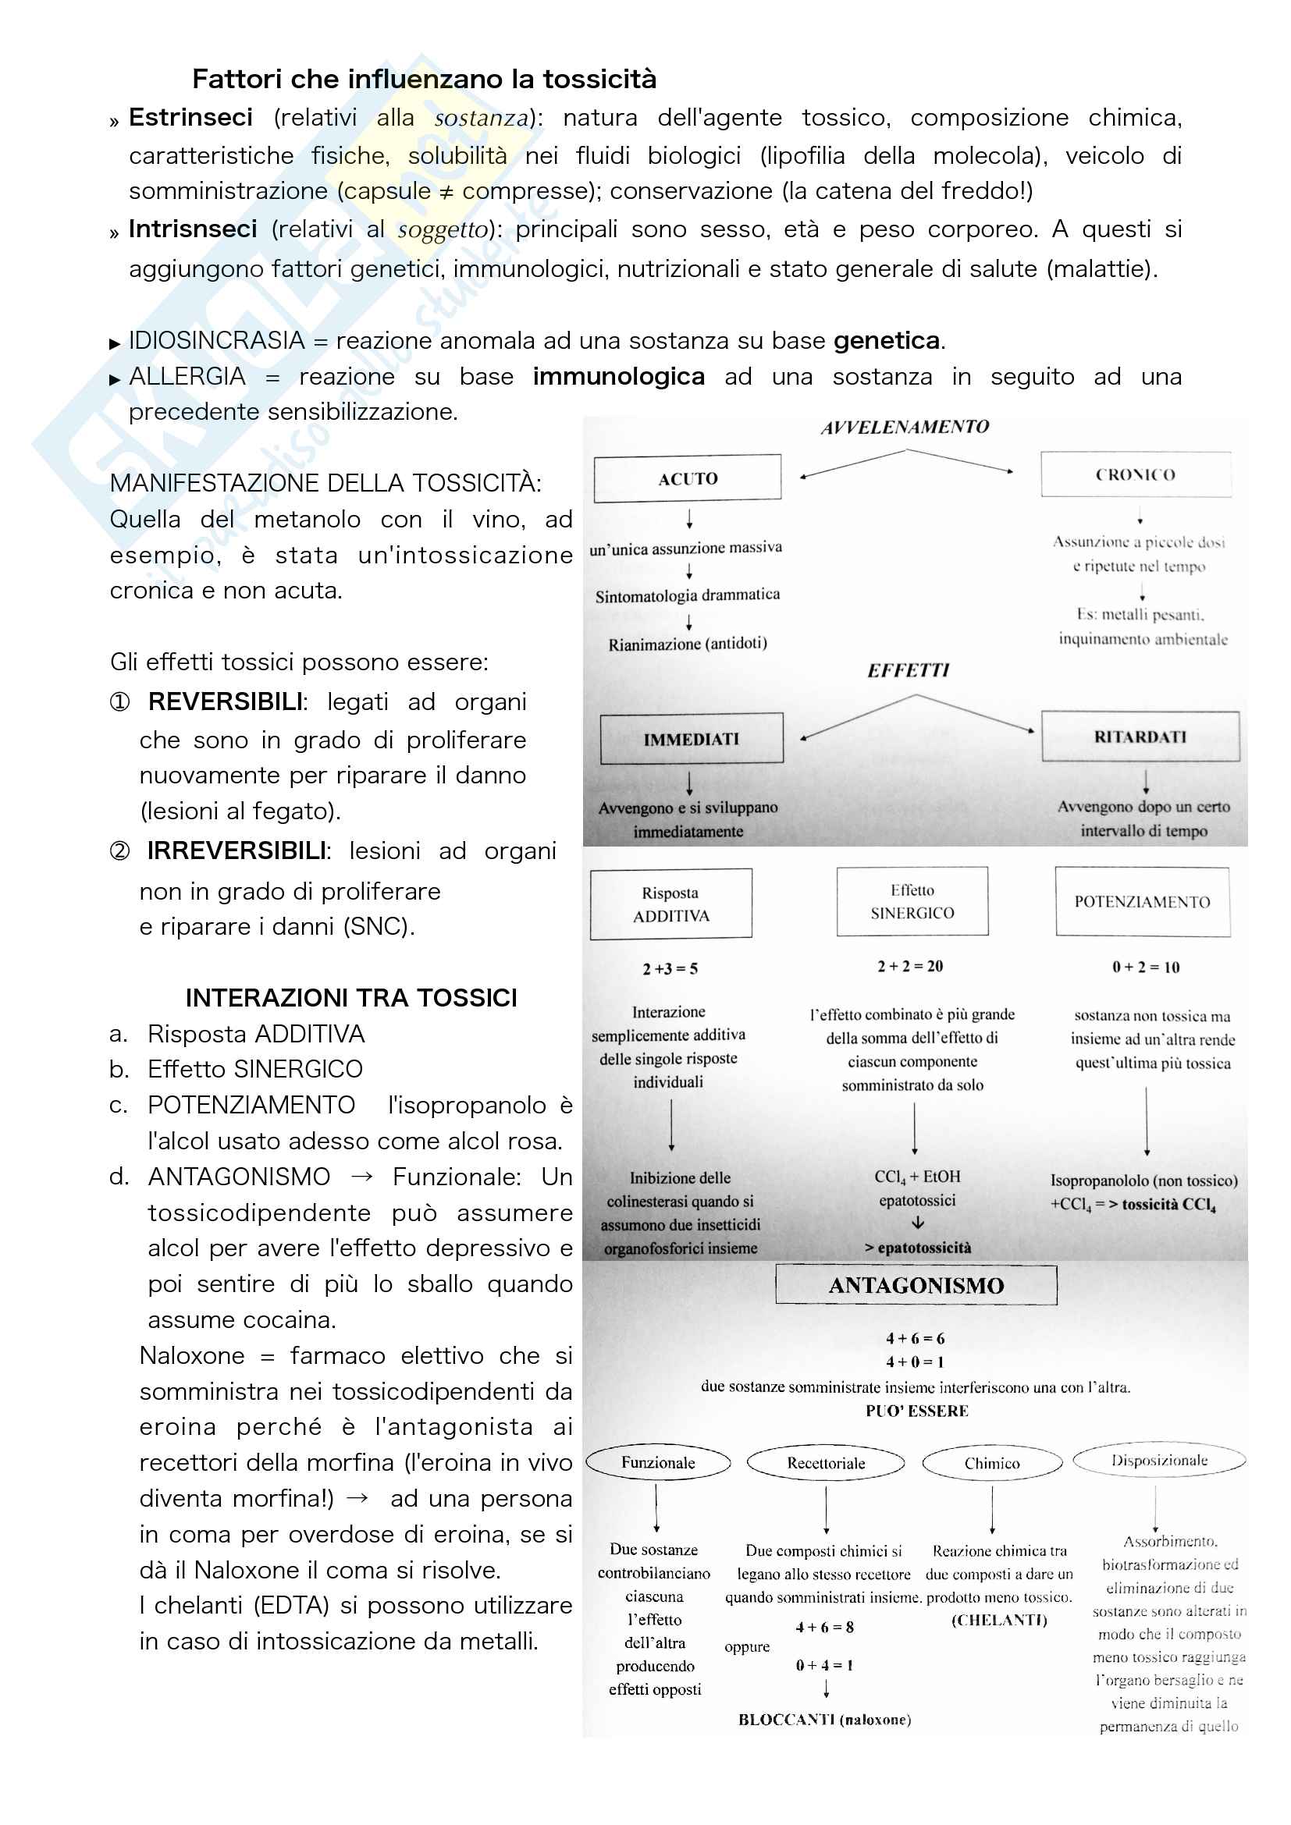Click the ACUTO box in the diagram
click(688, 478)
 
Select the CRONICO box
click(1135, 474)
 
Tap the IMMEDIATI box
click(691, 739)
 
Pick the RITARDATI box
click(1140, 737)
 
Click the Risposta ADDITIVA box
click(671, 904)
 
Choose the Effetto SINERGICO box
click(912, 901)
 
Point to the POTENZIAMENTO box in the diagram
click(1143, 901)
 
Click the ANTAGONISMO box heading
click(916, 1285)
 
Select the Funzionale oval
click(658, 1462)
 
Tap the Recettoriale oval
click(826, 1462)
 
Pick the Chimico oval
click(992, 1463)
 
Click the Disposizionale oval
click(1159, 1460)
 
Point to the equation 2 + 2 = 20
click(910, 967)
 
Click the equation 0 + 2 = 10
click(1146, 968)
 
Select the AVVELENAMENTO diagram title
click(905, 428)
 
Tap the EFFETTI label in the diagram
click(908, 671)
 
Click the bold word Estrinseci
click(190, 118)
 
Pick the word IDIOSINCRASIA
click(217, 341)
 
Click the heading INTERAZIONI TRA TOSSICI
click(350, 998)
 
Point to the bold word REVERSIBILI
click(226, 702)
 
